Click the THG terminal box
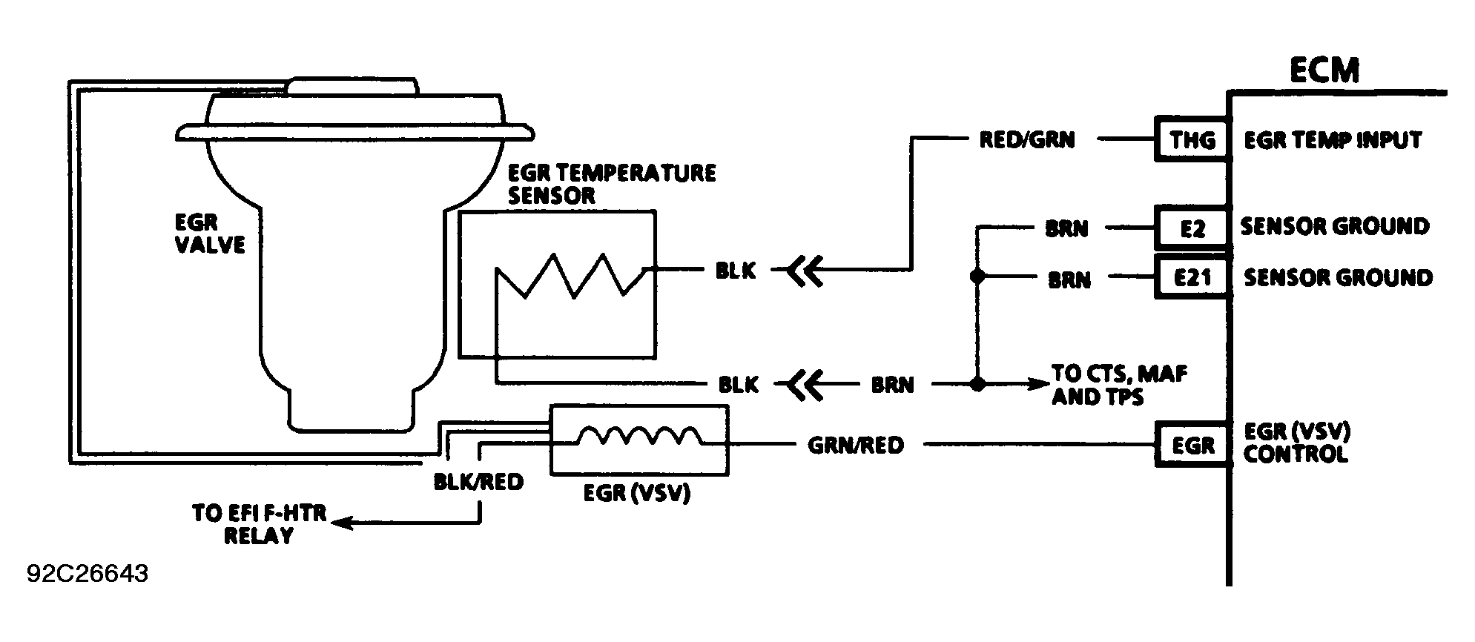(1192, 139)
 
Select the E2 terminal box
(1192, 228)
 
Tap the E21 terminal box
(1192, 277)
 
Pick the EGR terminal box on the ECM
(1192, 444)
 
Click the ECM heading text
(1324, 70)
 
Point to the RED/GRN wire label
(1026, 139)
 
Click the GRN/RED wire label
(855, 445)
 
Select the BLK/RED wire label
(478, 482)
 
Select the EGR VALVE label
(209, 234)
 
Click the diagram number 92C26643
(88, 574)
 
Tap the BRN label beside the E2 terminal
(1066, 229)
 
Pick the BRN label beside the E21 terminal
(1069, 280)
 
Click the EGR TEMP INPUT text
(1333, 140)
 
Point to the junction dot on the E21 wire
(977, 277)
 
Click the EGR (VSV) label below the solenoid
(637, 493)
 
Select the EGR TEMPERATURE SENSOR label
(612, 184)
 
